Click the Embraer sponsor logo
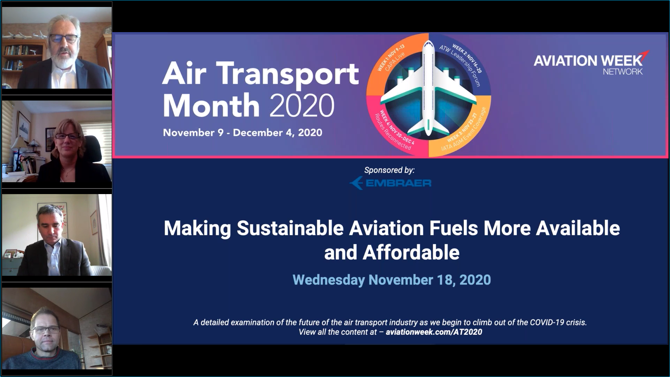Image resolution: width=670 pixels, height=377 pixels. (390, 183)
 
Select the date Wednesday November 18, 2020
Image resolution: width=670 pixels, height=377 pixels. (392, 280)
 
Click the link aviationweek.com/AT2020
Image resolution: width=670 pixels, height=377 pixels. (434, 332)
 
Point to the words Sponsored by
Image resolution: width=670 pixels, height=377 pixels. (389, 170)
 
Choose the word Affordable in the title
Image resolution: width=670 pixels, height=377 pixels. (411, 253)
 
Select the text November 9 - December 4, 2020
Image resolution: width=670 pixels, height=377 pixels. (243, 133)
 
